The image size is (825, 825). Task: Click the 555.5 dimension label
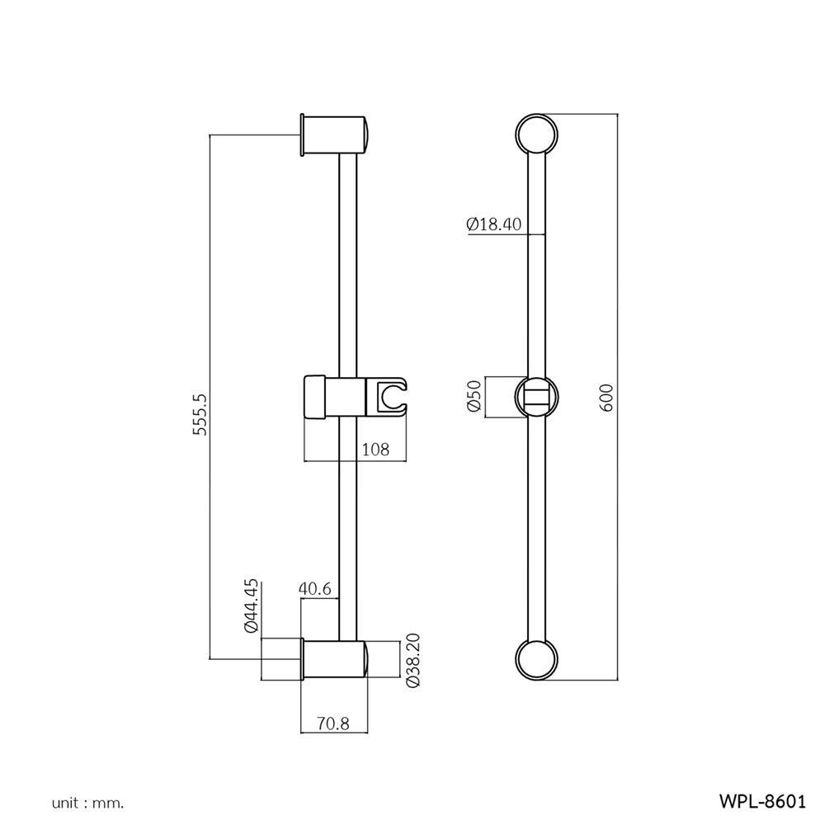pos(200,414)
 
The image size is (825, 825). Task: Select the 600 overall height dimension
pos(606,398)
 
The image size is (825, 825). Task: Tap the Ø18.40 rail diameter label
pos(493,224)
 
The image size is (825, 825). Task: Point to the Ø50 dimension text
pos(474,396)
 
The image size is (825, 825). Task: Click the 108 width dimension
pos(375,450)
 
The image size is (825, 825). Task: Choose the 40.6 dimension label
pos(314,588)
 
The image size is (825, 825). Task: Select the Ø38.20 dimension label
pos(413,660)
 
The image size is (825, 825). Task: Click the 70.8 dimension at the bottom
pos(333,724)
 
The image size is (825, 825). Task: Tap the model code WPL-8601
pos(762,801)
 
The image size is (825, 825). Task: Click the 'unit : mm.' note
pos(88,804)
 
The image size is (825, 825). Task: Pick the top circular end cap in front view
pos(536,134)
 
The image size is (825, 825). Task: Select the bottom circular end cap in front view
pos(536,660)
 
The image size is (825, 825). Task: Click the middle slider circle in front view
pos(536,397)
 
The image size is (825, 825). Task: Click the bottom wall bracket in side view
pos(334,660)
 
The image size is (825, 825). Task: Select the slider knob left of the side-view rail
pos(314,397)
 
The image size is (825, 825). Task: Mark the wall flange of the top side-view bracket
pos(302,134)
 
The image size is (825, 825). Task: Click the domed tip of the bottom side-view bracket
pos(366,660)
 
